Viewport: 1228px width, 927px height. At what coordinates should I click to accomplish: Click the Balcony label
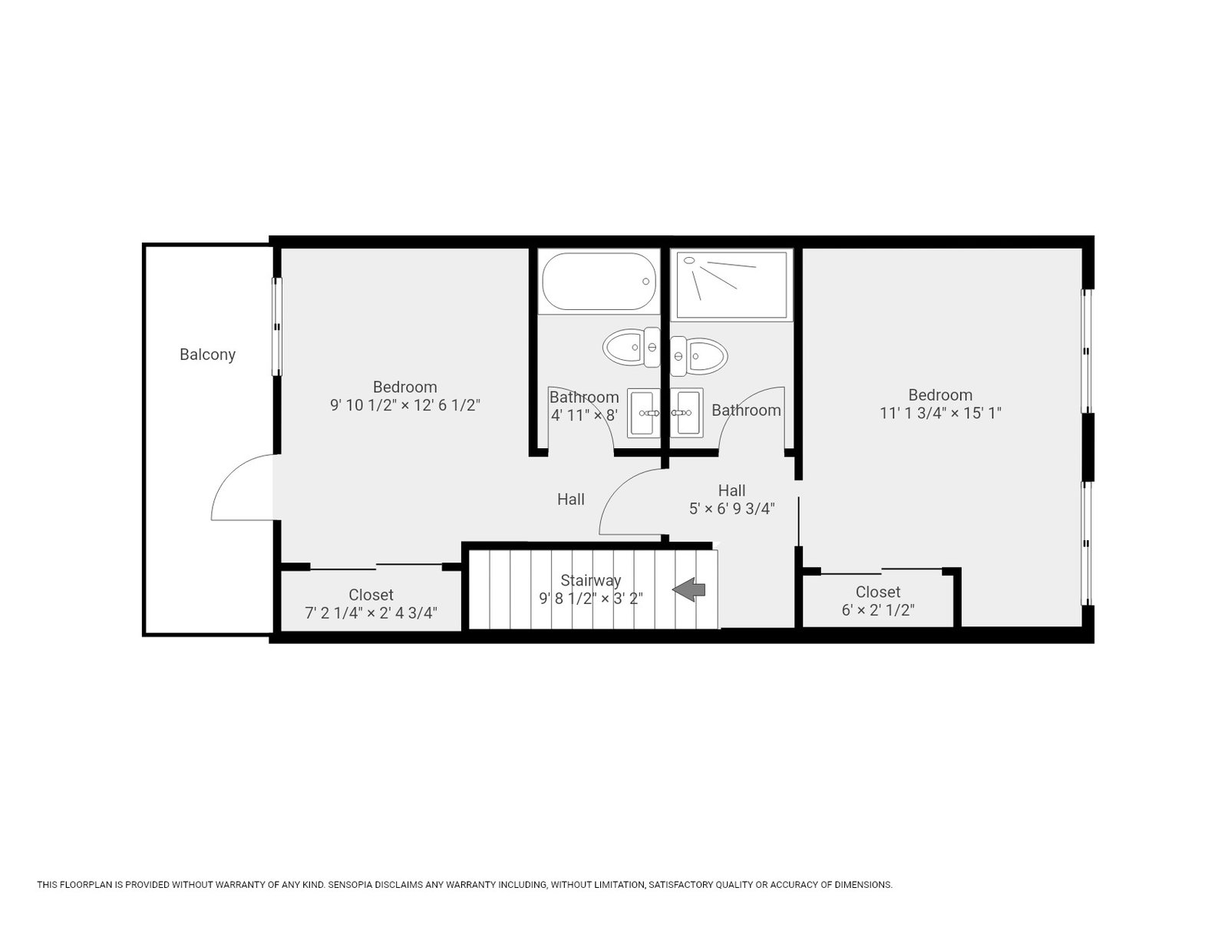(x=207, y=355)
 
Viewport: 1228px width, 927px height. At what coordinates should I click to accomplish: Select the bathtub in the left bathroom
(x=599, y=281)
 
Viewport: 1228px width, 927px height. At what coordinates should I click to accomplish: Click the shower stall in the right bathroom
(x=731, y=285)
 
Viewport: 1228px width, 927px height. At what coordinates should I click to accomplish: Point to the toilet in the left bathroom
(x=631, y=347)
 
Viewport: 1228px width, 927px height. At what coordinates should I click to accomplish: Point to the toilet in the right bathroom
(x=698, y=356)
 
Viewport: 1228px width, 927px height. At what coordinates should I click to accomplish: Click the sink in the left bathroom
(x=643, y=413)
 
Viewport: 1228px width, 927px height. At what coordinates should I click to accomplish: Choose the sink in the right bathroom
(x=686, y=413)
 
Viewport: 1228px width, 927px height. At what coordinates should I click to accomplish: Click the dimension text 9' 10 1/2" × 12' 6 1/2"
(x=405, y=404)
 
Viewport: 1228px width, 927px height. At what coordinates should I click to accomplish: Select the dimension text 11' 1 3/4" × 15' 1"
(x=940, y=413)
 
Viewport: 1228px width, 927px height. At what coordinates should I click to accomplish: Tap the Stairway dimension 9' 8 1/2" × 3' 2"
(x=591, y=599)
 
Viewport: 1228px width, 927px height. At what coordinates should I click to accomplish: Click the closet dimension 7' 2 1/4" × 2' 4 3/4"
(x=371, y=613)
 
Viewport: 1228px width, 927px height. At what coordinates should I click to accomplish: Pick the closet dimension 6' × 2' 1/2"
(x=878, y=609)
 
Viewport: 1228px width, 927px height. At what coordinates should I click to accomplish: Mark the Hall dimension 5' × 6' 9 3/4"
(x=731, y=508)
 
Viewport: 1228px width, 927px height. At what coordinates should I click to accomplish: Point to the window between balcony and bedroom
(x=277, y=326)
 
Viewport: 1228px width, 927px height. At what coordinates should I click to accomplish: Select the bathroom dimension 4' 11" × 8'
(x=584, y=415)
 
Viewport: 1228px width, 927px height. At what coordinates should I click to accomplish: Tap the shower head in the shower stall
(x=689, y=261)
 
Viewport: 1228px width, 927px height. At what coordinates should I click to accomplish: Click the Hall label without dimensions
(x=571, y=500)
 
